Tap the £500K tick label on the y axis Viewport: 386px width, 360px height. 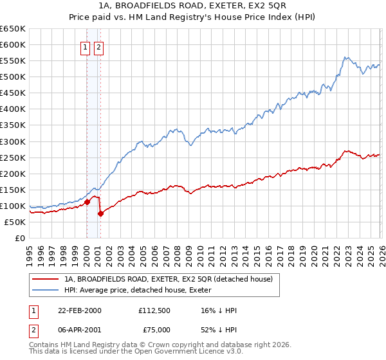click(x=13, y=77)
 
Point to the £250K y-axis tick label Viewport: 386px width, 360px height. click(x=13, y=157)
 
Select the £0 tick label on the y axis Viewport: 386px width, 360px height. click(x=19, y=238)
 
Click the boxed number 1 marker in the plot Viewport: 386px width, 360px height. click(x=85, y=47)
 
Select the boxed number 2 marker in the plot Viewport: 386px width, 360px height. click(x=98, y=47)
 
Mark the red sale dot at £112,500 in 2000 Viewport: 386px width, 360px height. click(x=87, y=202)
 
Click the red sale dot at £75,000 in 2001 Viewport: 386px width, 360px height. click(x=100, y=214)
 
